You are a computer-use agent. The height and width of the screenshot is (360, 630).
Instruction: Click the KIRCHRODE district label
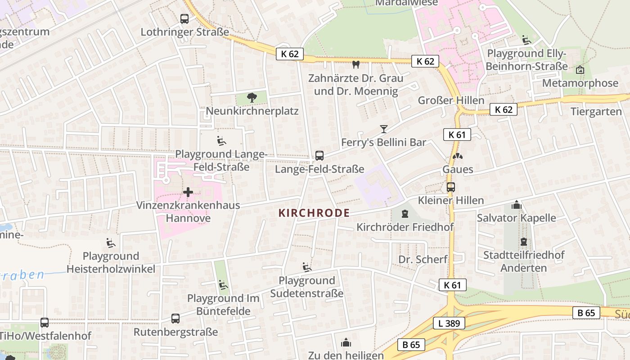click(314, 213)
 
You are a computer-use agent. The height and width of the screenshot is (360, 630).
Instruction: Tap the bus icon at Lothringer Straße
click(184, 19)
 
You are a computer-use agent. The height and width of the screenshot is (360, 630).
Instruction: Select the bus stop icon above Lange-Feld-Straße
click(319, 156)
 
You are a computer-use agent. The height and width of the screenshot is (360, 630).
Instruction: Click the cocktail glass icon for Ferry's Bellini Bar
click(383, 129)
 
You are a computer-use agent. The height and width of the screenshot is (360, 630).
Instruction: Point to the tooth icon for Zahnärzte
click(355, 65)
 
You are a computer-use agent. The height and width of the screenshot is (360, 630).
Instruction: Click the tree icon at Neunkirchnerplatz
click(252, 97)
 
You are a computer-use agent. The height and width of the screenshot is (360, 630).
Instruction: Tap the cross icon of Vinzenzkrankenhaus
click(188, 193)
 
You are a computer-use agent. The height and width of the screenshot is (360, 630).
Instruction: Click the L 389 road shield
click(449, 323)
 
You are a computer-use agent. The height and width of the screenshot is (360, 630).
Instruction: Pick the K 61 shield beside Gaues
click(457, 135)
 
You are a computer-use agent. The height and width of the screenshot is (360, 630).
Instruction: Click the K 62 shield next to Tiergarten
click(504, 109)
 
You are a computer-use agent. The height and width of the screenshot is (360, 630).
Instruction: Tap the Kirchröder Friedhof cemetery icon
click(405, 213)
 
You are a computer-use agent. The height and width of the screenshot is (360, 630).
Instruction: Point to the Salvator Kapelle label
click(516, 218)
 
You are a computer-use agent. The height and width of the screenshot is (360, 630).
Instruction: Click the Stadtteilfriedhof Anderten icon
click(523, 242)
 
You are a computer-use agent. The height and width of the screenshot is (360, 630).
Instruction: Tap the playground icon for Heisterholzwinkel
click(110, 243)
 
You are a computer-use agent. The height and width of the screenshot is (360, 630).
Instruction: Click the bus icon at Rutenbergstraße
click(175, 319)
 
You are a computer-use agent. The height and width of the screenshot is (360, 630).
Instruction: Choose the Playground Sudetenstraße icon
click(307, 267)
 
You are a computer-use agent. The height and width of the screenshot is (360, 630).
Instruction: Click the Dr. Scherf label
click(423, 259)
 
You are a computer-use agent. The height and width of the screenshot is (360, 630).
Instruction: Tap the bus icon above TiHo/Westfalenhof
click(45, 322)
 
